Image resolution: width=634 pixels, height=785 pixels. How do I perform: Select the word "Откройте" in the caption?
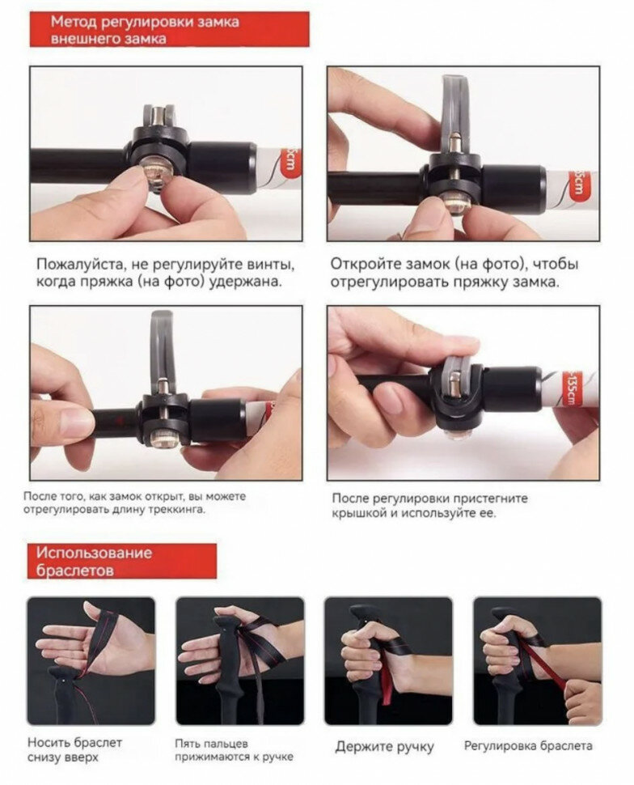click(x=364, y=264)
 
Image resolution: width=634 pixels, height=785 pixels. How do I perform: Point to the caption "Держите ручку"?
click(x=384, y=747)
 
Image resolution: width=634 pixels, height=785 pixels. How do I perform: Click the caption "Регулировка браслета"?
click(x=528, y=746)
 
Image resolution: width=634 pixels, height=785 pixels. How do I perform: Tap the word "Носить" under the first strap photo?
click(x=49, y=742)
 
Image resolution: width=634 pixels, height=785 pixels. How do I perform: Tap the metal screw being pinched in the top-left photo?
click(x=157, y=172)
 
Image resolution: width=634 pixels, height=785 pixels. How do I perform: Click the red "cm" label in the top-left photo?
click(x=291, y=161)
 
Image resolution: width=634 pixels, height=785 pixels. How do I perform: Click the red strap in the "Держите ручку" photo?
click(x=387, y=673)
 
